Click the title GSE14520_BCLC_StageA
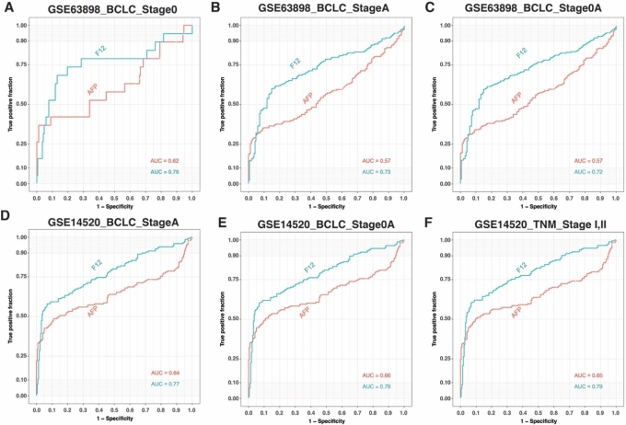click(x=111, y=218)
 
